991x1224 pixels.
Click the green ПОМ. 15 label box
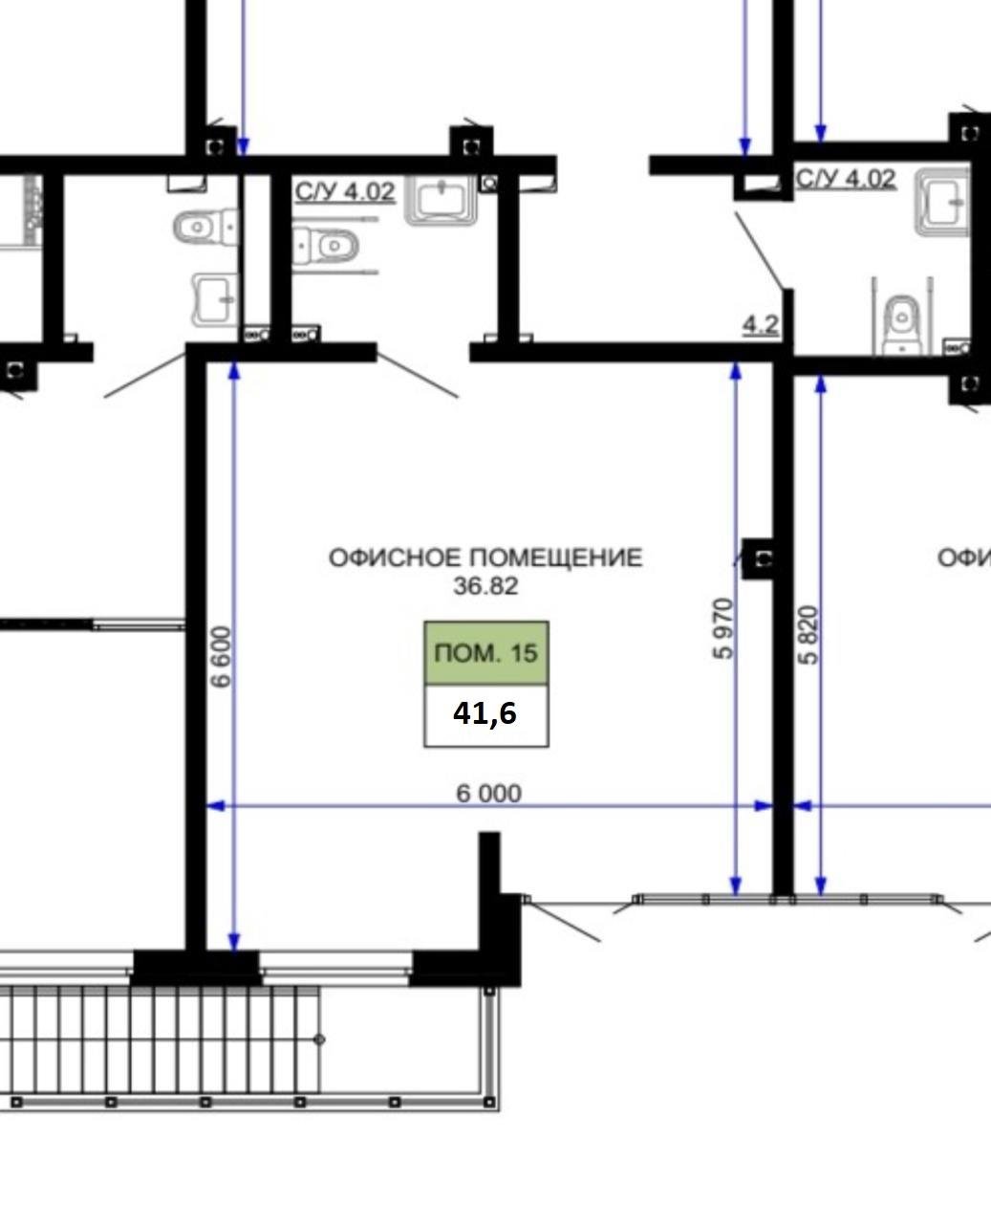tap(486, 653)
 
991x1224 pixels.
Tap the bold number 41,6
tap(485, 714)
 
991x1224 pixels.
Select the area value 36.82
tap(485, 586)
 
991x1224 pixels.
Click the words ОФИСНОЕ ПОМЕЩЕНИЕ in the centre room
tap(485, 558)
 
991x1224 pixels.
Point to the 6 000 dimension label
tap(488, 794)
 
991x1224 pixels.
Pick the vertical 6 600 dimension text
tap(221, 657)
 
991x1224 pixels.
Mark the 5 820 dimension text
tap(808, 635)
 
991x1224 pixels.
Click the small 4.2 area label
tap(761, 326)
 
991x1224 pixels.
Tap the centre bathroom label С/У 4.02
tap(345, 191)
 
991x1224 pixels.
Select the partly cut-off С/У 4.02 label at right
tap(846, 179)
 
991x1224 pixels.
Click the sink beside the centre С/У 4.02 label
tap(441, 200)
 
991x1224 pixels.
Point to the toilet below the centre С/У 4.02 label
tap(326, 247)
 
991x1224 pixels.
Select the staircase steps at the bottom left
tap(160, 1038)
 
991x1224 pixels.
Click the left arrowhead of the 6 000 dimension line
tap(215, 806)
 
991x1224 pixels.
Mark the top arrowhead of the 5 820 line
tap(821, 383)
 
